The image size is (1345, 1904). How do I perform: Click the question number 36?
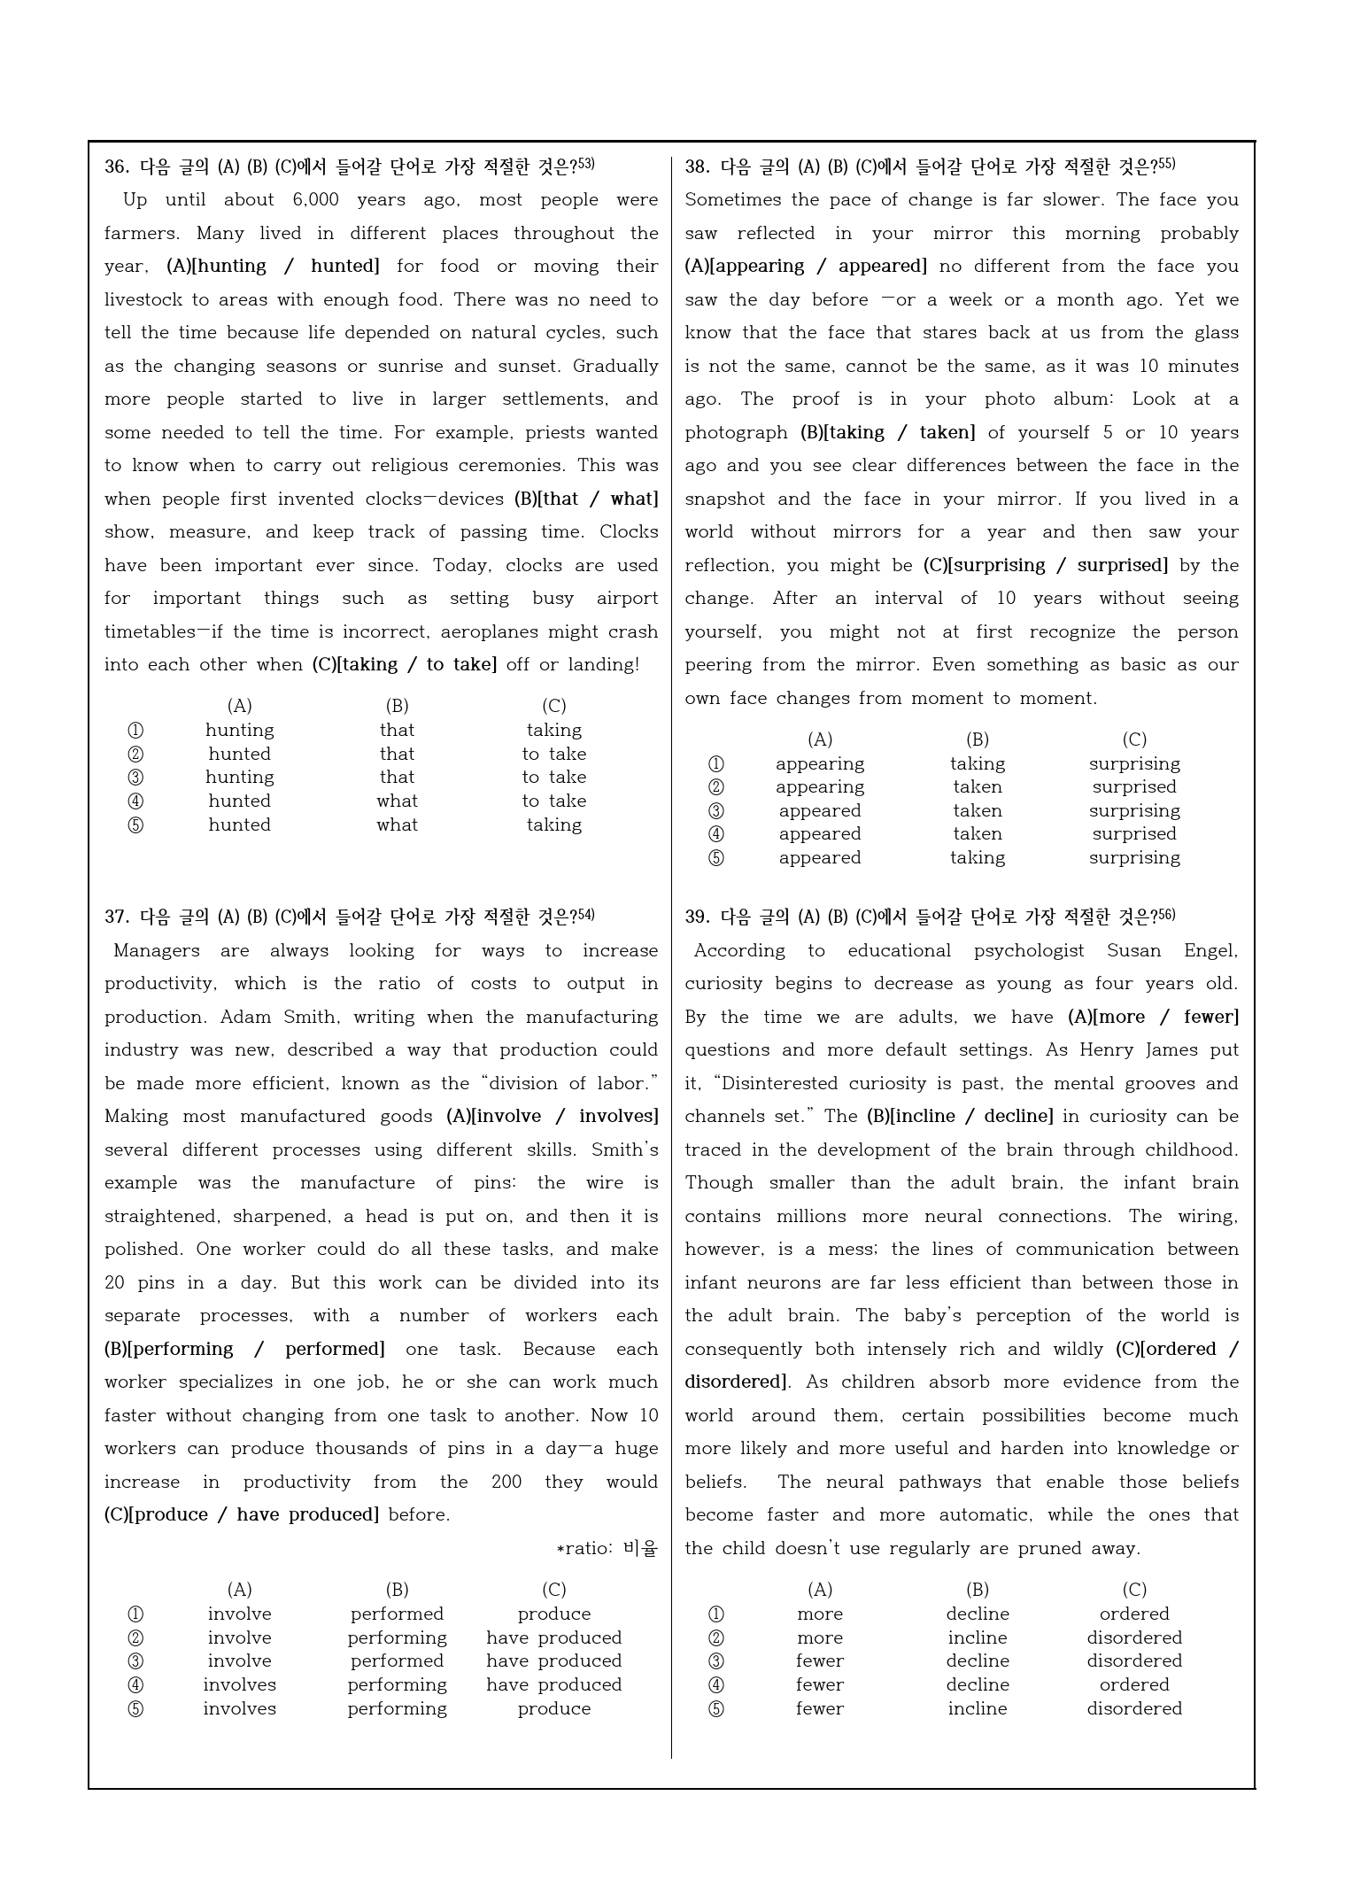(x=116, y=166)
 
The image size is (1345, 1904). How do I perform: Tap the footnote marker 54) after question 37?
(x=586, y=915)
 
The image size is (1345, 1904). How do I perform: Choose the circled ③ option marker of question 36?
(x=135, y=778)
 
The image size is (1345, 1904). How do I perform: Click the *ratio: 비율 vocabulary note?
(x=607, y=1549)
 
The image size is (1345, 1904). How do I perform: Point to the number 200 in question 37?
(x=506, y=1482)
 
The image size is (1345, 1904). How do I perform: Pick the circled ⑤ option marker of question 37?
(x=135, y=1709)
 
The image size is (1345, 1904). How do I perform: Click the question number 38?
(x=697, y=166)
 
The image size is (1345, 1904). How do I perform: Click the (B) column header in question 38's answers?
(x=978, y=739)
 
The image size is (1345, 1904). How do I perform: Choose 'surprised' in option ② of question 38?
(x=1134, y=787)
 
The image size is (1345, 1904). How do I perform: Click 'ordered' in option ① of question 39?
(x=1134, y=1614)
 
